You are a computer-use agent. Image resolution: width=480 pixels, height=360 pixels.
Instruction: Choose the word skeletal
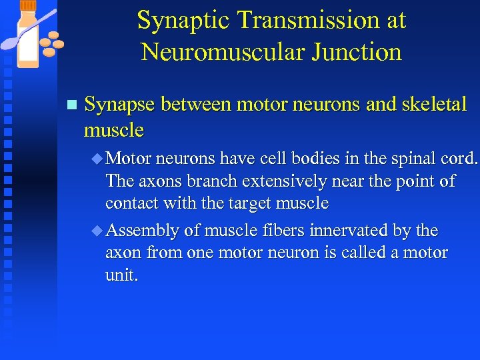(434, 105)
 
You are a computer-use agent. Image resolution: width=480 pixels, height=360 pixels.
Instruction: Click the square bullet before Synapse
(72, 105)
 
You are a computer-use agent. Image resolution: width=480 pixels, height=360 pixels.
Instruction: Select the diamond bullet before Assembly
(97, 231)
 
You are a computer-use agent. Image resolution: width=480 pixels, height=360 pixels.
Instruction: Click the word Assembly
(142, 231)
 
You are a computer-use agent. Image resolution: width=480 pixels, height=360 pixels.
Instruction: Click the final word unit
(121, 275)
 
